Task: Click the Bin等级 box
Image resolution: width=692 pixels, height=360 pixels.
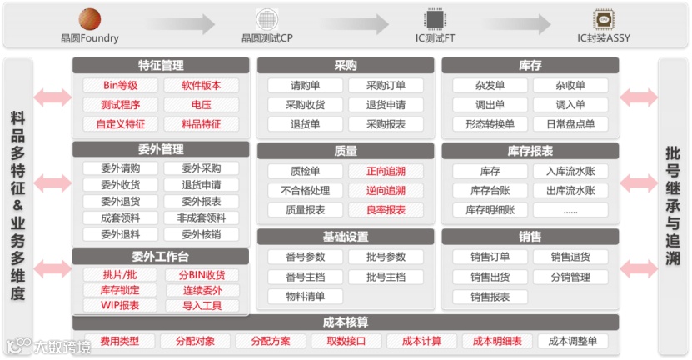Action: (x=120, y=85)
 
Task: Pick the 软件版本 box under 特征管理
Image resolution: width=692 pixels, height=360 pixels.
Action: (x=202, y=85)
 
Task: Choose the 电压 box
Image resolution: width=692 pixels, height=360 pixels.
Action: (x=202, y=105)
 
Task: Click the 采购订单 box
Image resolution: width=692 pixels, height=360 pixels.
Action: (x=386, y=85)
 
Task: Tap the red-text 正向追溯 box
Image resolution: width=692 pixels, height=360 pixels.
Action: (x=386, y=171)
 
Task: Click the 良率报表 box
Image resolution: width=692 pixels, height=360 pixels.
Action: (x=386, y=210)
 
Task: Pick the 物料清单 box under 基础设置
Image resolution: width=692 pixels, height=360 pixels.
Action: (x=305, y=296)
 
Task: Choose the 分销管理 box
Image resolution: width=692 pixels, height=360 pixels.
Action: (x=570, y=277)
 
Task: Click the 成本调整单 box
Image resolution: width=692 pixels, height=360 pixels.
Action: (x=573, y=341)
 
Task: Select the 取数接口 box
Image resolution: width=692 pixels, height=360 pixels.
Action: (x=346, y=341)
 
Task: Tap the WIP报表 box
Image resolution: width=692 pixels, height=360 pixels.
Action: (x=120, y=305)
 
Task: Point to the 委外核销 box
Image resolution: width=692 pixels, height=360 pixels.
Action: (x=202, y=234)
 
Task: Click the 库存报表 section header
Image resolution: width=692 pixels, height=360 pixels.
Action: (x=530, y=151)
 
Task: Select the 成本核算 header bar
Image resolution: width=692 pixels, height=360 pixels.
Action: (x=346, y=322)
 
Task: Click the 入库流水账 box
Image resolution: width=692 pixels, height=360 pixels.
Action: (x=570, y=171)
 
